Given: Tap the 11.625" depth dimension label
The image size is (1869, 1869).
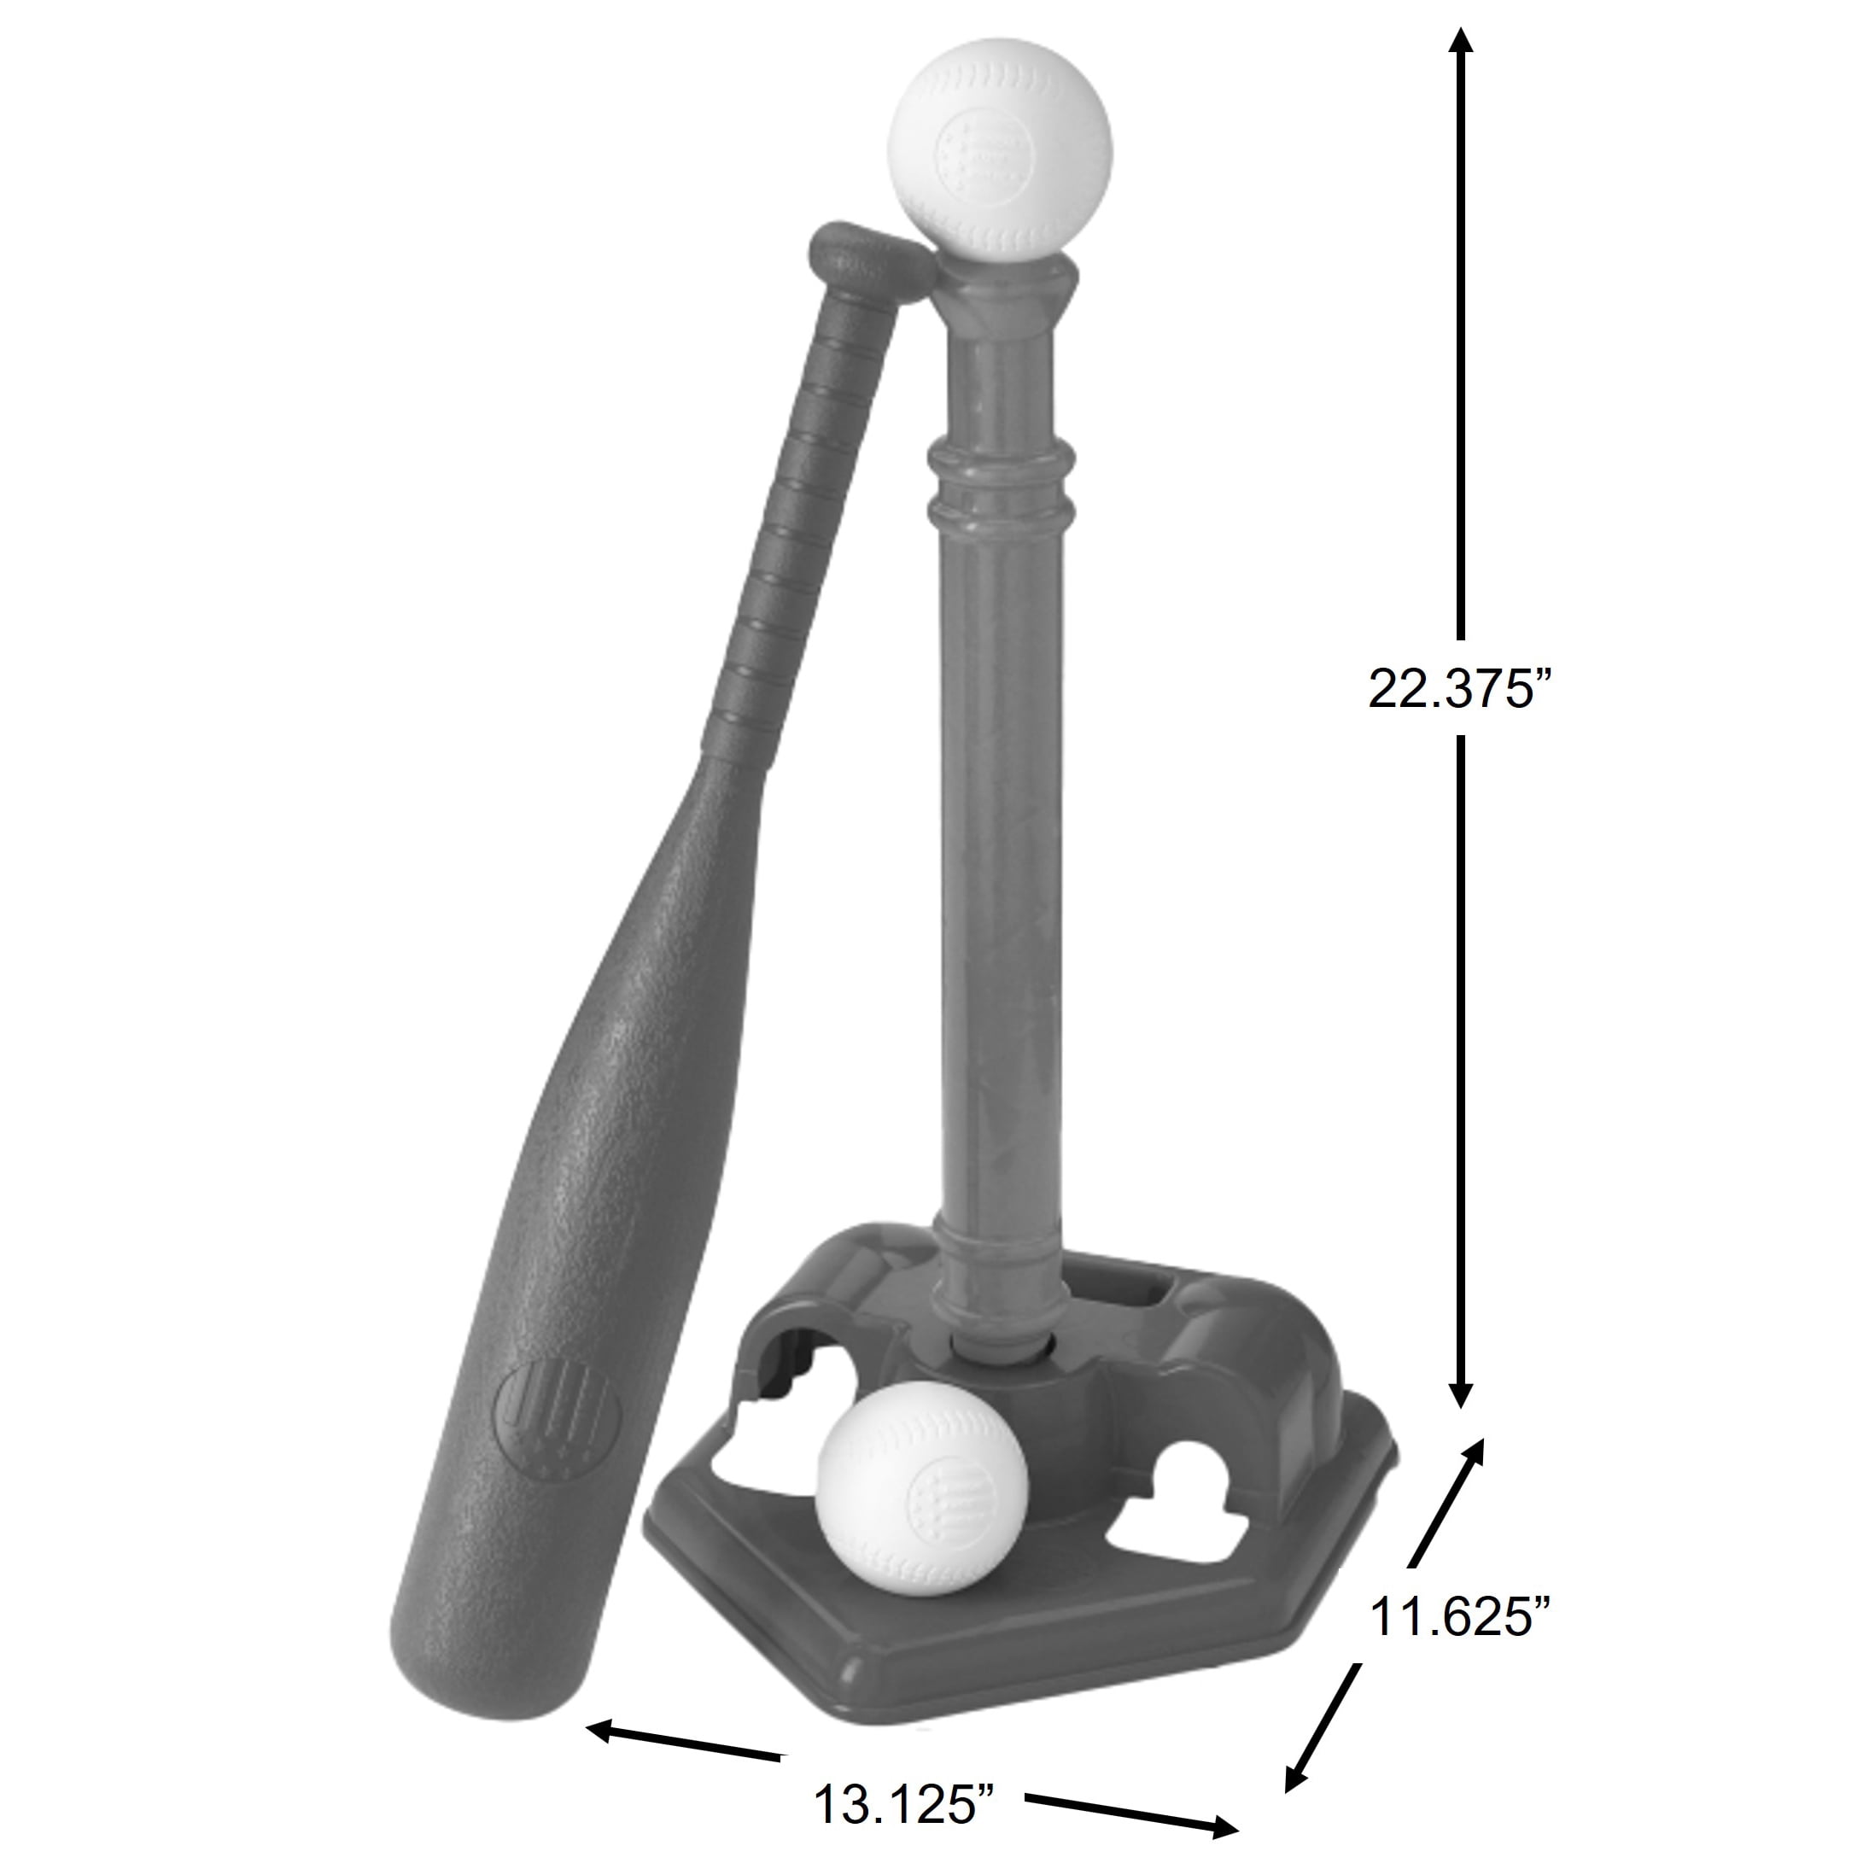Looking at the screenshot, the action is (1460, 1615).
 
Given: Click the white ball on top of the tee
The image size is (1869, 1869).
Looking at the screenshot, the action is (999, 153).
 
